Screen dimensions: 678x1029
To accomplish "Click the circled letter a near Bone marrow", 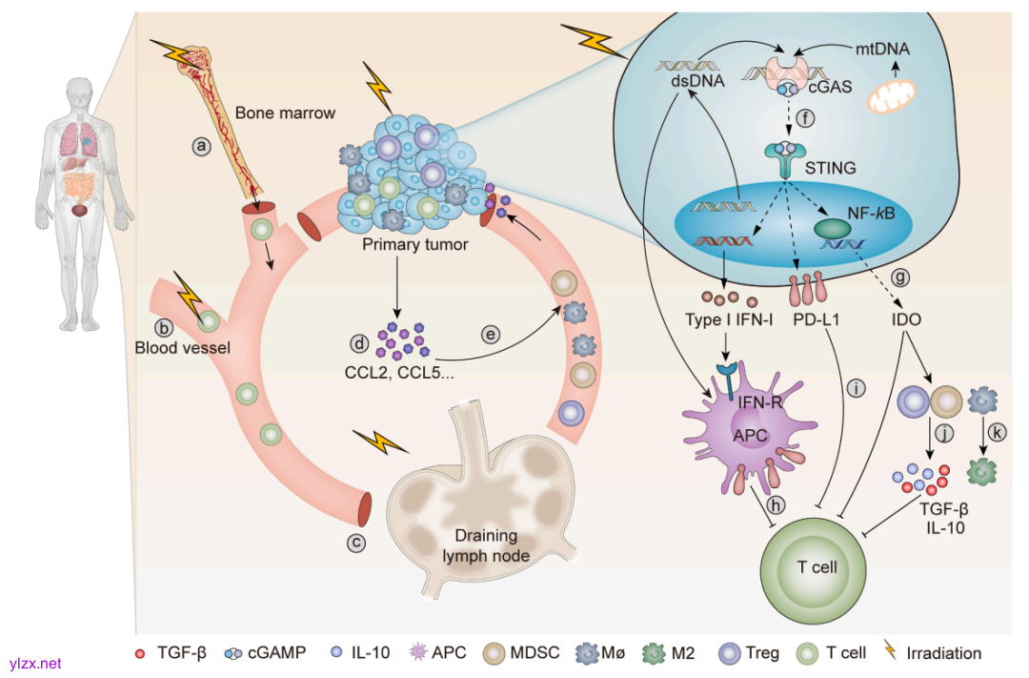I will tap(201, 146).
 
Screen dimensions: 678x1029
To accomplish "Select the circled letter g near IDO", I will tap(900, 277).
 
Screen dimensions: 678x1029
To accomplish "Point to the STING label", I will tap(830, 168).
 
